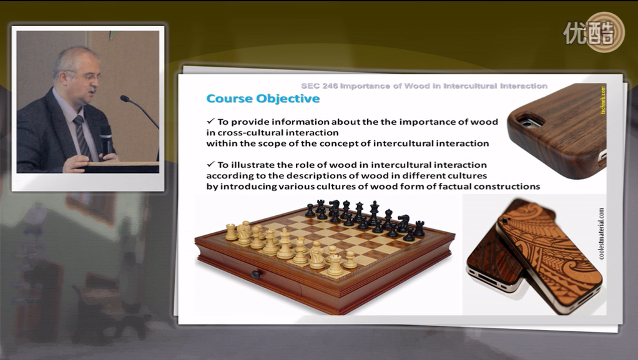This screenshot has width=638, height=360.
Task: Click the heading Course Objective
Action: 263,99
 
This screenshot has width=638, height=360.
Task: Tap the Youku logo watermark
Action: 594,32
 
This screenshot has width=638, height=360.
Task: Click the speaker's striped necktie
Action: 82,137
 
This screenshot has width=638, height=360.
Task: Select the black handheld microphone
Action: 106,140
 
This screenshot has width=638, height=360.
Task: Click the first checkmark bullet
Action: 211,121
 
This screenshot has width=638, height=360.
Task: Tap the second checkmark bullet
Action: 211,164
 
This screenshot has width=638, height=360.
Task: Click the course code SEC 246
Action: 319,86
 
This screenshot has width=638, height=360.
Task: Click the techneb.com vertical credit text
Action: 603,100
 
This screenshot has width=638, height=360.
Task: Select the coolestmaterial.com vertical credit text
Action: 601,234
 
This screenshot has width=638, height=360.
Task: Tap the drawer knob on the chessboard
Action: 256,275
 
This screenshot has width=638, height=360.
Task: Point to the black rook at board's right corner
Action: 419,228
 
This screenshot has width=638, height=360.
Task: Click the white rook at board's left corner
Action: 231,232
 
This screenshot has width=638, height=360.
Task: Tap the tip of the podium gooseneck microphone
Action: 123,98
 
